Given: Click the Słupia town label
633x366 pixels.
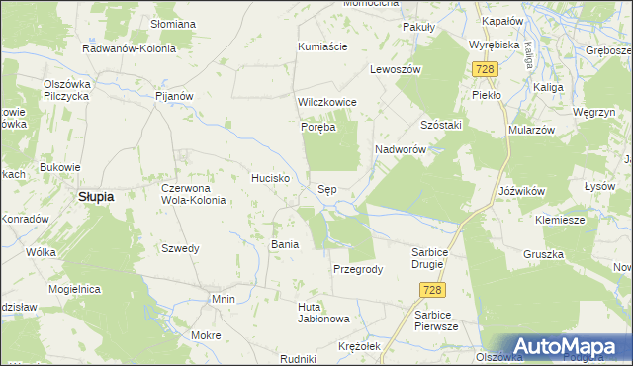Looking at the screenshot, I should click(96, 196).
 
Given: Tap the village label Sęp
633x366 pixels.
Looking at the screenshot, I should click(331, 188).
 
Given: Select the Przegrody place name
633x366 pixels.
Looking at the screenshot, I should click(357, 269).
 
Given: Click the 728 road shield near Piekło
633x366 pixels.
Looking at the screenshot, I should click(485, 69).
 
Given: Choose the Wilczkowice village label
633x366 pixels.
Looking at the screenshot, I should click(327, 102).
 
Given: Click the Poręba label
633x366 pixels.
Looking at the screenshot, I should click(319, 127).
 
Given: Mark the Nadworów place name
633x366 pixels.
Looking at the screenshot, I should click(400, 149).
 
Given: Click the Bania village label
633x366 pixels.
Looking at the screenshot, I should click(285, 243).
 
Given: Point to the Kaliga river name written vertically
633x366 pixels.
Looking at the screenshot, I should click(530, 54).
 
